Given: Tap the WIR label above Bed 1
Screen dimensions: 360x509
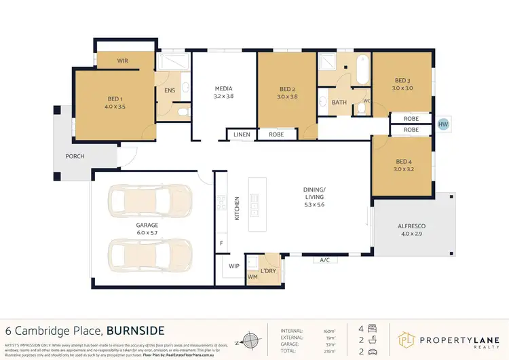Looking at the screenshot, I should point(123,61).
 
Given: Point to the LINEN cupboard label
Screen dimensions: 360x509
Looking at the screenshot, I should point(242,134).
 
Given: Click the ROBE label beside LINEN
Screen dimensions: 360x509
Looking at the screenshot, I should point(276,134).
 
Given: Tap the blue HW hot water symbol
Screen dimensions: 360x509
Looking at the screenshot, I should point(444,124).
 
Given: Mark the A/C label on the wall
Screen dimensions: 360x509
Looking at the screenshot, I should point(324,259).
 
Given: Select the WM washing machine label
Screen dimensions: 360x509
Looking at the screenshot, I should point(253,276).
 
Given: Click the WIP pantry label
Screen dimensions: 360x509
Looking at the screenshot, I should point(234,266).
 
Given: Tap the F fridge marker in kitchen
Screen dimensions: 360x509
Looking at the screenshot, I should point(221,243).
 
